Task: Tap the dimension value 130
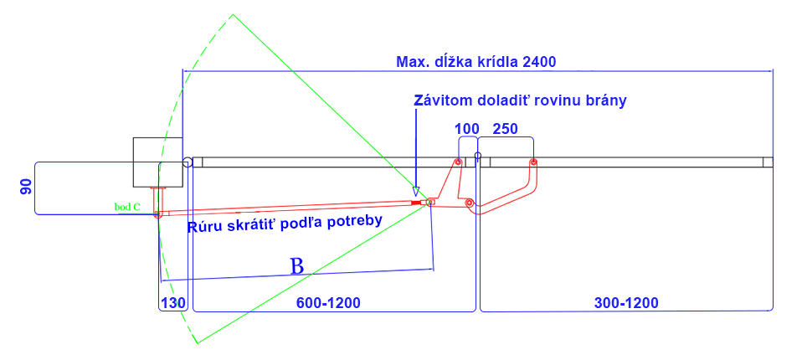[x=173, y=303]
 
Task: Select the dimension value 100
[x=467, y=129]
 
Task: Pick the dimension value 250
[x=506, y=129]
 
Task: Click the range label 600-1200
[x=328, y=303]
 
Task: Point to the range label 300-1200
[x=626, y=303]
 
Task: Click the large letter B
[x=297, y=266]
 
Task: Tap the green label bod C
[x=128, y=207]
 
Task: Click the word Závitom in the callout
[x=444, y=100]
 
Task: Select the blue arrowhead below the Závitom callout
[x=416, y=192]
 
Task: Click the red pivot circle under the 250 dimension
[x=533, y=162]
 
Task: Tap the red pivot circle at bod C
[x=157, y=213]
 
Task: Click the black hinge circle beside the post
[x=188, y=162]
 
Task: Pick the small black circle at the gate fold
[x=478, y=156]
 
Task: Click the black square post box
[x=157, y=162]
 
